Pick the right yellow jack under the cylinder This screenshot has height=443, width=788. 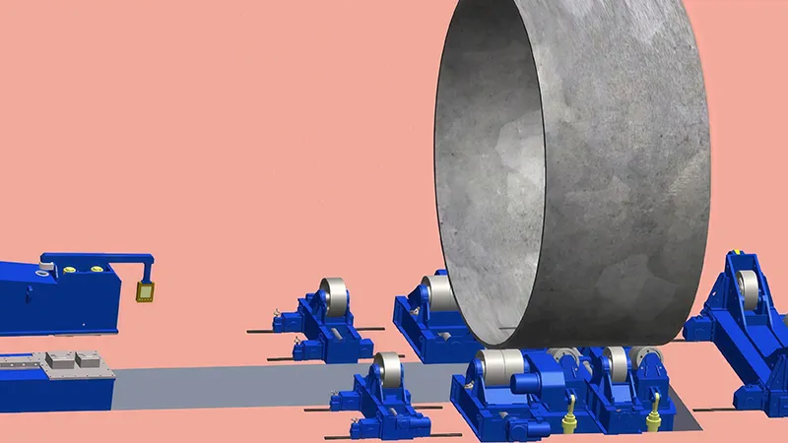651,420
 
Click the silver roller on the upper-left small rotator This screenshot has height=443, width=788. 333,296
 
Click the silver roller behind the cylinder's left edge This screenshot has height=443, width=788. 435,293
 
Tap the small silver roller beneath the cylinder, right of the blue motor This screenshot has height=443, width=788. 616,363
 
